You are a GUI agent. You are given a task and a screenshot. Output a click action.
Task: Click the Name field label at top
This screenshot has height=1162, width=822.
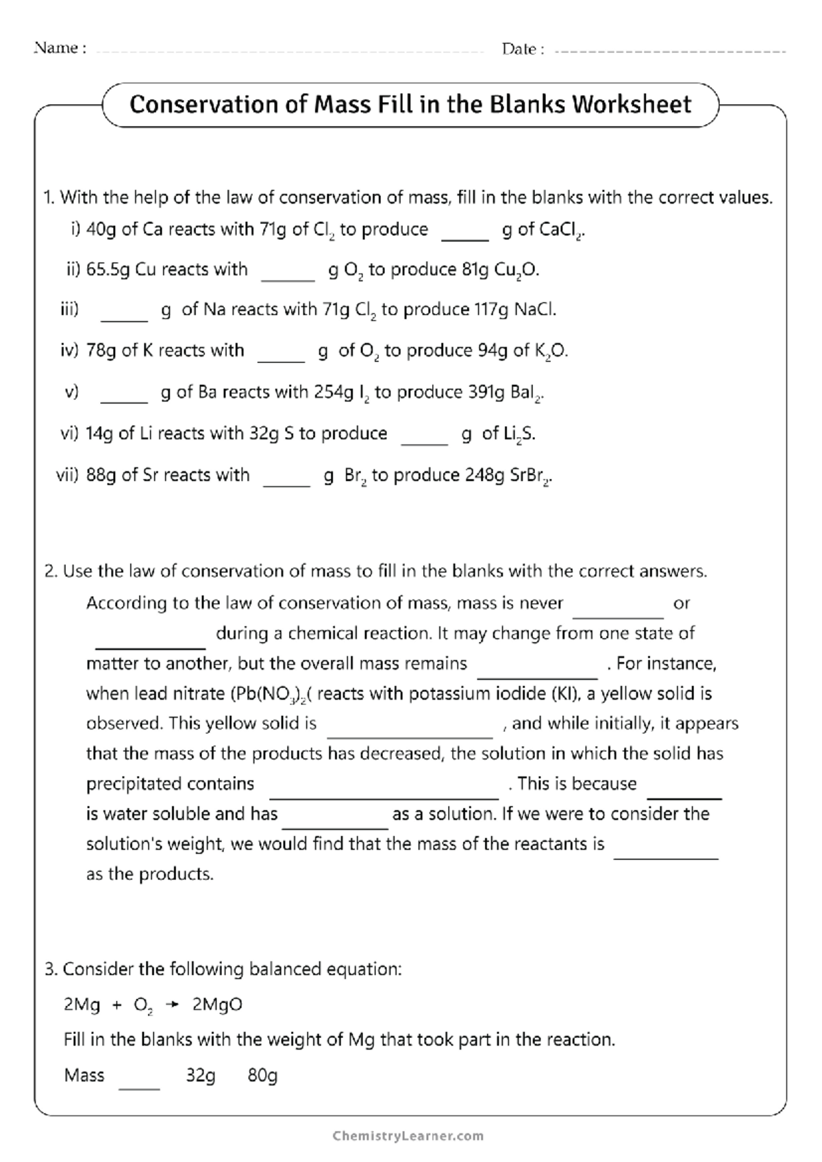(60, 49)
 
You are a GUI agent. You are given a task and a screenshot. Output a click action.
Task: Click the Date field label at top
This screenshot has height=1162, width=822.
(523, 49)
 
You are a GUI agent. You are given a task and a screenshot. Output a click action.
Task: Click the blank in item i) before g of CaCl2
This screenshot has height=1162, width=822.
(465, 236)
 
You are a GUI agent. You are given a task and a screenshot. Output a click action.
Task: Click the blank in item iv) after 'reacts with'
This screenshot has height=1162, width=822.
(281, 357)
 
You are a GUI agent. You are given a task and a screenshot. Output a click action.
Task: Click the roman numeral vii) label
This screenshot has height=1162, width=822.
(67, 475)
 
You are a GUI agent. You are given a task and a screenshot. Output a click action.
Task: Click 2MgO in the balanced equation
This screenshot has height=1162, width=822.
(217, 1005)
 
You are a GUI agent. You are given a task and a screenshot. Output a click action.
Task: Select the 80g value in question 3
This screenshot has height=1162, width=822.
(262, 1076)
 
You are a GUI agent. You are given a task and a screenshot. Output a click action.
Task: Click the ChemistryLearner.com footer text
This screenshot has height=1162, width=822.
(408, 1135)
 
